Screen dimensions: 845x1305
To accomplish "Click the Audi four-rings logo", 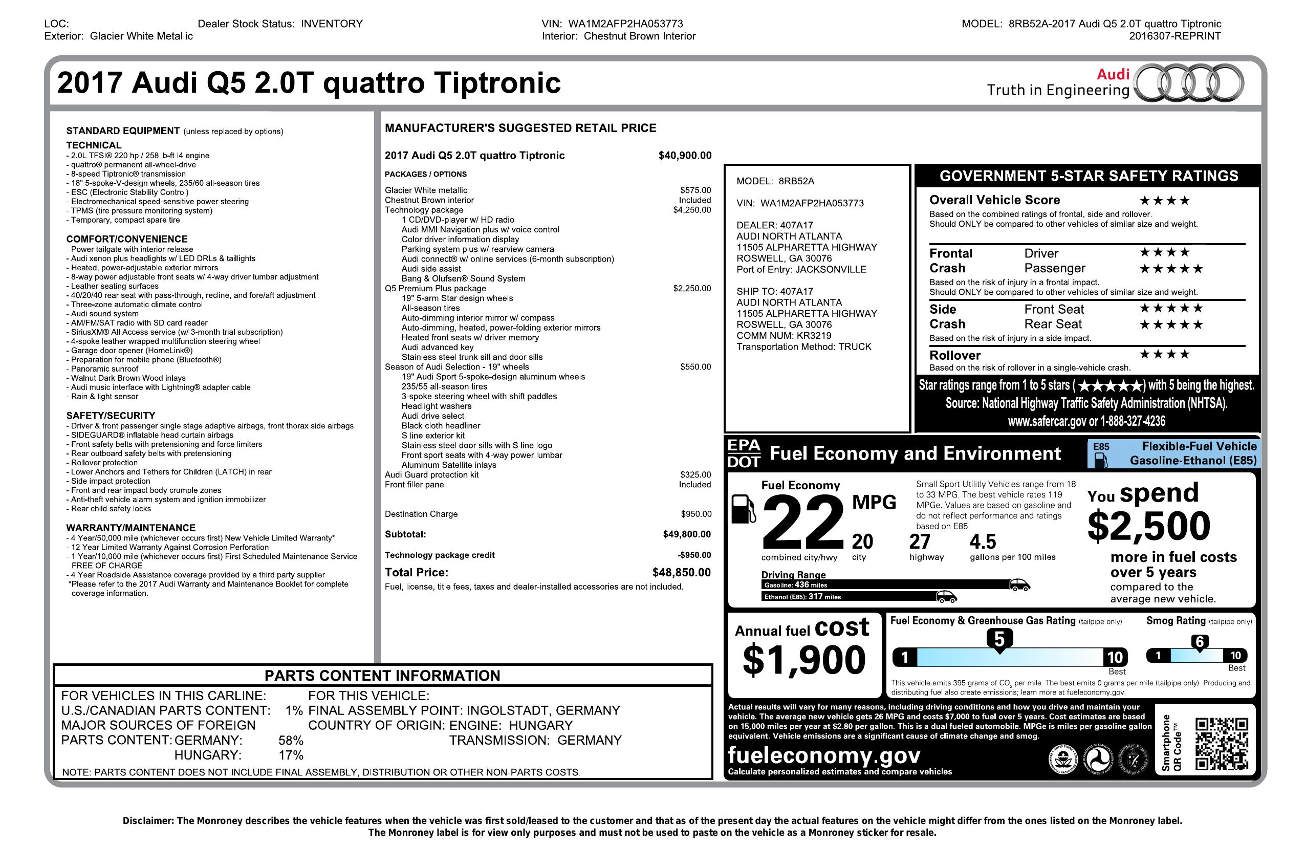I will point(1188,84).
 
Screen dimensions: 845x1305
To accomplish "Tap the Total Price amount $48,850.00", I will point(681,573).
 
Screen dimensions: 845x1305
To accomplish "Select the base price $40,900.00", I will point(684,156).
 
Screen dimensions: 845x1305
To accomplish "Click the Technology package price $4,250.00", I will point(691,210).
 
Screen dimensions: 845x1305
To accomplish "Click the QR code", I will point(1222,744).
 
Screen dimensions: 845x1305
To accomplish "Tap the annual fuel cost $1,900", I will point(803,660).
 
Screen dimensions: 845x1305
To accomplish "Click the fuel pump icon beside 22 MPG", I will point(744,509).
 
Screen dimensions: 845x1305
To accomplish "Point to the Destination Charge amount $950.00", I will point(696,514).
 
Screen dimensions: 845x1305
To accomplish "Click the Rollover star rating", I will point(1164,355).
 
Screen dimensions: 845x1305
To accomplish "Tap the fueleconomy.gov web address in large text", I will point(823,755).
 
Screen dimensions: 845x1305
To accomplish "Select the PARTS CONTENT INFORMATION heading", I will point(382,676).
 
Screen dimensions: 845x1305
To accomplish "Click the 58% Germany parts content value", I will point(291,740).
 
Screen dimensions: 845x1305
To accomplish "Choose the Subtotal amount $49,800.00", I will point(686,535).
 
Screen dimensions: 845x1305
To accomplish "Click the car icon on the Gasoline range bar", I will point(1019,584).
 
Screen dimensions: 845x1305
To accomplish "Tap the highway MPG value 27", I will point(920,542).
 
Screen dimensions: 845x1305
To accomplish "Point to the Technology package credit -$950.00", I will point(693,555).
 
